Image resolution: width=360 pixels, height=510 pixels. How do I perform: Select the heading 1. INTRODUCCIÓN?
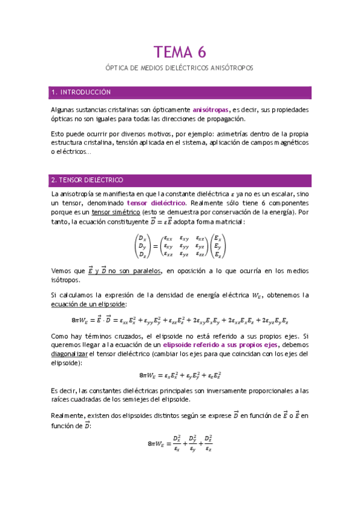(x=82, y=93)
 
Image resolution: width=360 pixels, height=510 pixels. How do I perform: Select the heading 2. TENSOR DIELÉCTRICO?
(x=87, y=180)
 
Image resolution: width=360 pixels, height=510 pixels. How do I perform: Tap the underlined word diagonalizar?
(x=72, y=355)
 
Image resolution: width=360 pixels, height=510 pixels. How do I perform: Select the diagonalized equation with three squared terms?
(x=180, y=375)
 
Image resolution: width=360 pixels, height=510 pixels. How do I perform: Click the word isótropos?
(x=66, y=280)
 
